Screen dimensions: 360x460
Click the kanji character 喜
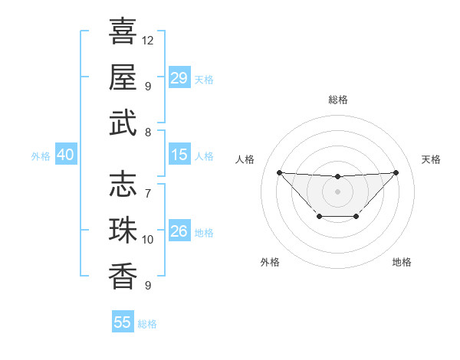(123, 31)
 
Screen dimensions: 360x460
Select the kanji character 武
(123, 123)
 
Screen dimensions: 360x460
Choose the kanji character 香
(123, 276)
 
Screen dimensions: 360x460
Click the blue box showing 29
(179, 78)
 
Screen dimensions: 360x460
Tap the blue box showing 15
(179, 155)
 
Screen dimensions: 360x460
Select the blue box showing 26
(179, 231)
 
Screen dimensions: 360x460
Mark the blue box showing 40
(65, 155)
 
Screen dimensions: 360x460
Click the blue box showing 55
(122, 322)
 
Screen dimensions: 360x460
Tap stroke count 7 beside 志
(147, 192)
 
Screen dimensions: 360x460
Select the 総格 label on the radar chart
(337, 100)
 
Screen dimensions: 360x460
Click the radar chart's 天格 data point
(396, 172)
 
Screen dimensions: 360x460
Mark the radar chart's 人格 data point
(279, 172)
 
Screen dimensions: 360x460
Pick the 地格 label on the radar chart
(402, 262)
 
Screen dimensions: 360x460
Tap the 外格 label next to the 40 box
(41, 156)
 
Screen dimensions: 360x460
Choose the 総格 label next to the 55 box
(147, 324)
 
